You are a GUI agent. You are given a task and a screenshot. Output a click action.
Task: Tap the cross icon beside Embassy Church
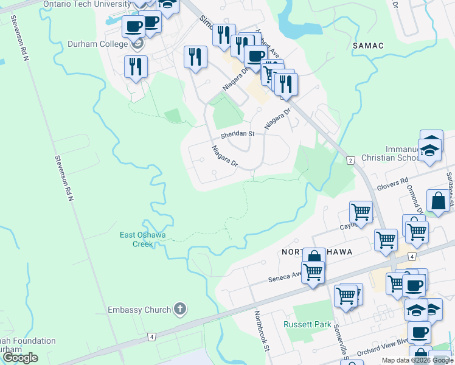[179, 309]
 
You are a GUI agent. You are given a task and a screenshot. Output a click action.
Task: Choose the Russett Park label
[307, 324]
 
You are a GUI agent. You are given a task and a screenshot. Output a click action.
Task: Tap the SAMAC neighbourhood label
[367, 46]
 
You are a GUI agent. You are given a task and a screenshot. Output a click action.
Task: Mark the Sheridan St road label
[237, 134]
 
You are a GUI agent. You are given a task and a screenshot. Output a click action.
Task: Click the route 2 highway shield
[350, 160]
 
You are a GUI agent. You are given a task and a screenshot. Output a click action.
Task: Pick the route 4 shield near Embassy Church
[151, 336]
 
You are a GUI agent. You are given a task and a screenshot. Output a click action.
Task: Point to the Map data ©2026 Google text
[417, 360]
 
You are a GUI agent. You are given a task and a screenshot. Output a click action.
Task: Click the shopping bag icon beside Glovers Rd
[438, 200]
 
